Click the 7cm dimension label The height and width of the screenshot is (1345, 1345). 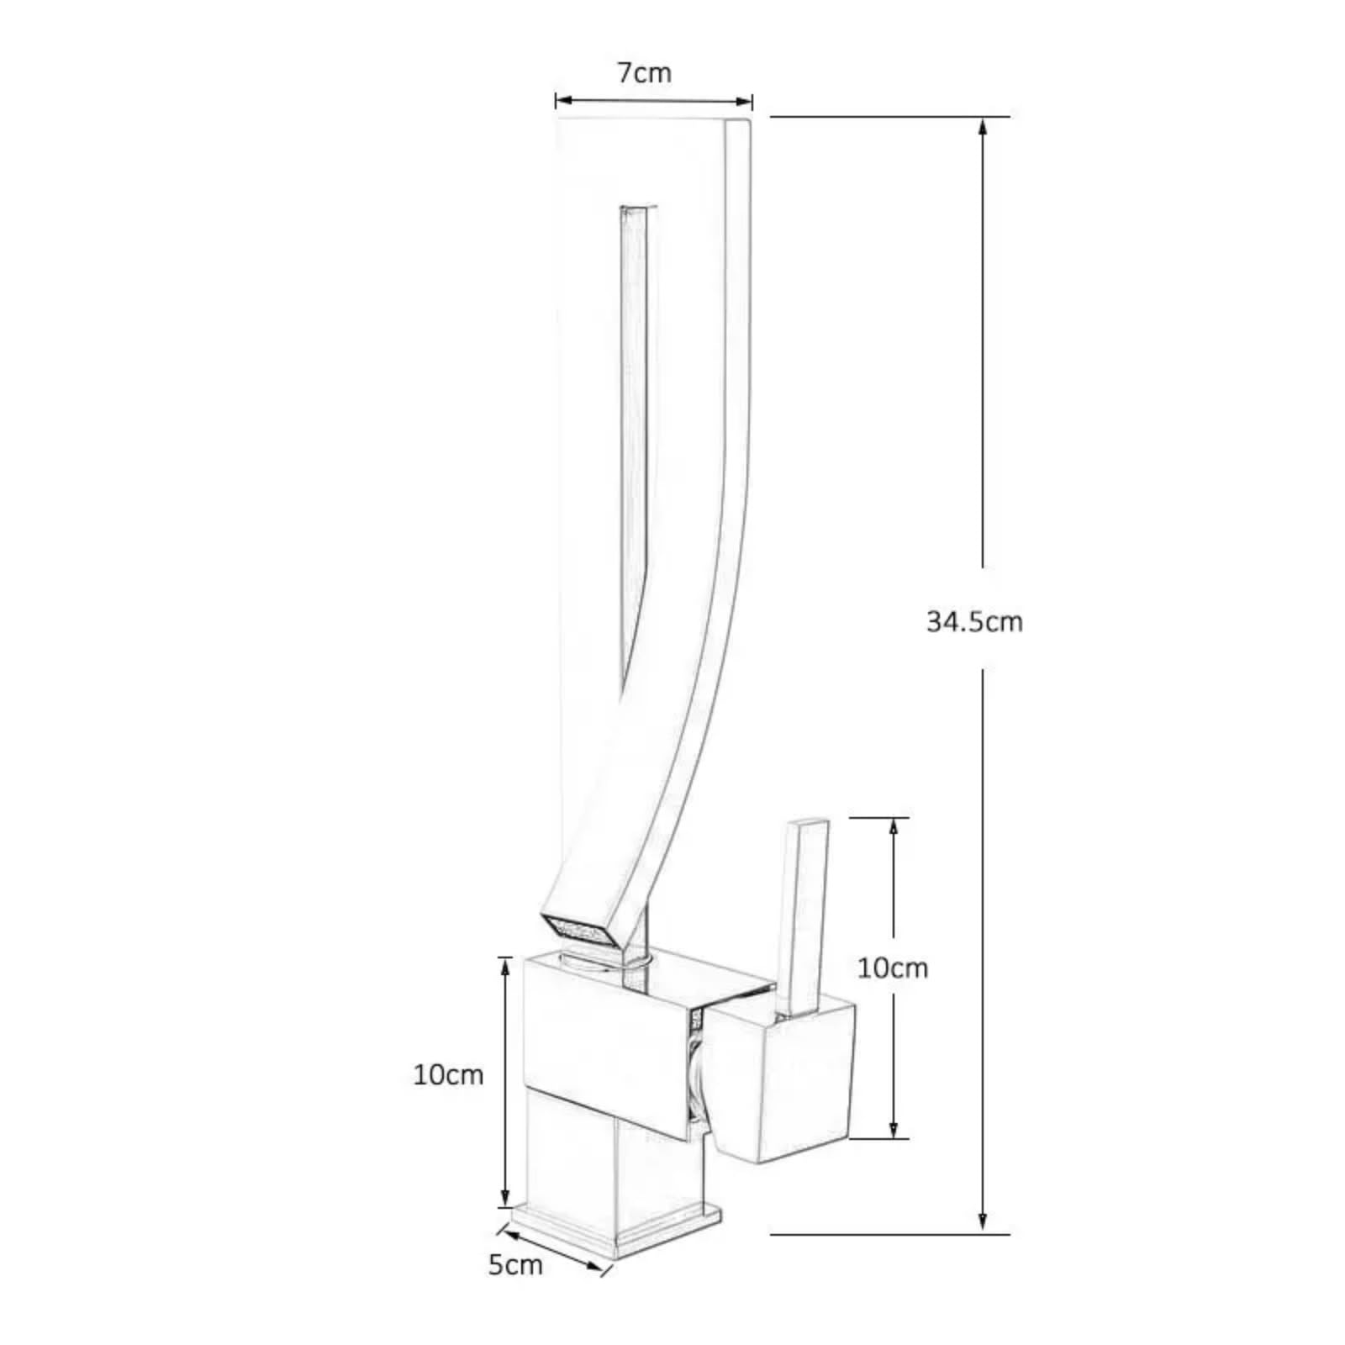pos(645,73)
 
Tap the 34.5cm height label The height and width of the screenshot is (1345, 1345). pos(974,622)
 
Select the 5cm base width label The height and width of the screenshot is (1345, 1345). pos(515,1288)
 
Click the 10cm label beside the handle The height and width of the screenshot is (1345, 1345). pos(893,968)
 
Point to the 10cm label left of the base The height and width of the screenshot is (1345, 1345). pos(448,1074)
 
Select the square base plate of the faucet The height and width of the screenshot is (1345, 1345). pos(616,1228)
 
